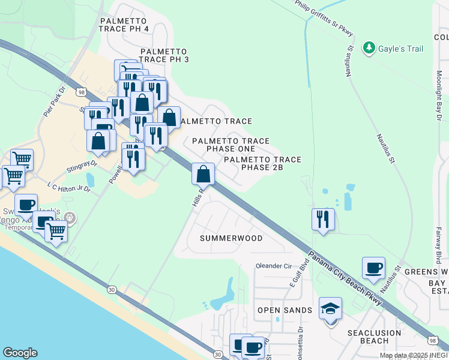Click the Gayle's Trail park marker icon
pyautogui.click(x=370, y=47)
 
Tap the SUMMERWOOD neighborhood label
pyautogui.click(x=231, y=238)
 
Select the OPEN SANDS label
pyautogui.click(x=285, y=310)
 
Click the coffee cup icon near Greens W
pyautogui.click(x=373, y=268)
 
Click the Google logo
pyautogui.click(x=20, y=353)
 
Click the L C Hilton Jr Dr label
pyautogui.click(x=69, y=188)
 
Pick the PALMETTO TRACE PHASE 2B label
pyautogui.click(x=262, y=163)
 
